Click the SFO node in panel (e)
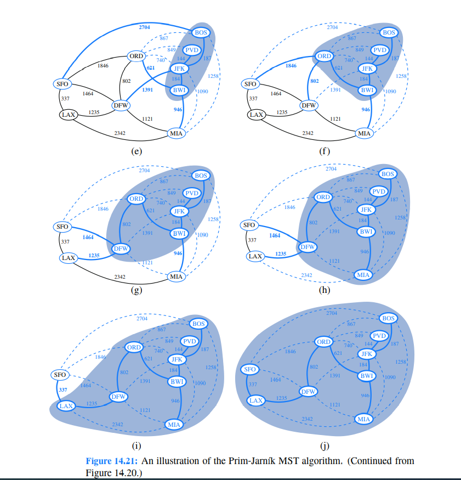[61, 84]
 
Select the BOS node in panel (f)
[388, 33]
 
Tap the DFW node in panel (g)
[121, 249]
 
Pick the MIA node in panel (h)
[362, 274]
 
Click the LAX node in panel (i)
[66, 406]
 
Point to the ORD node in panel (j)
[323, 342]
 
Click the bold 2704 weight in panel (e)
[145, 26]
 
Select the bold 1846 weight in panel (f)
[291, 65]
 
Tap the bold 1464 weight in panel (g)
[88, 237]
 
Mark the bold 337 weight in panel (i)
[62, 390]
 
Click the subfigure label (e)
[136, 151]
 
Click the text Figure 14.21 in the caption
[113, 461]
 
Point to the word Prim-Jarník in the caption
[258, 461]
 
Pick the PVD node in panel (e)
[191, 50]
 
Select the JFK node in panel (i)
[176, 360]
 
